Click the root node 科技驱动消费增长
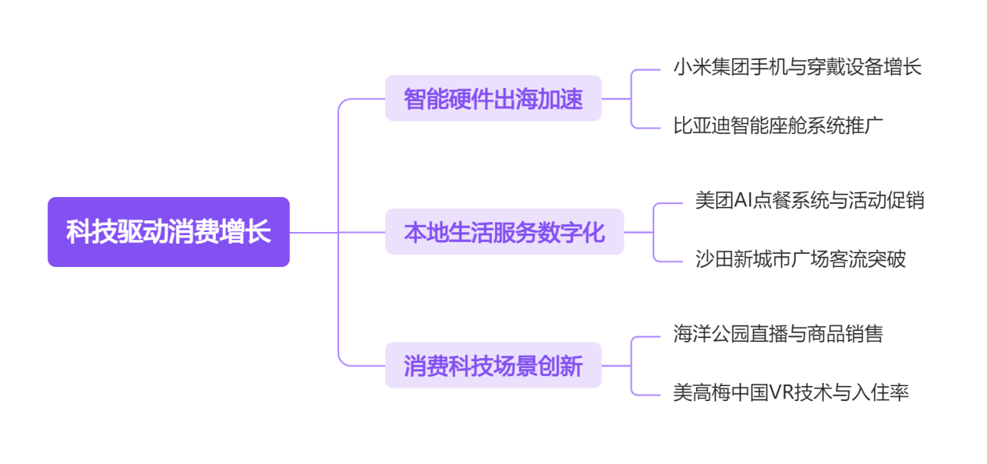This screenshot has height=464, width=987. pyautogui.click(x=168, y=232)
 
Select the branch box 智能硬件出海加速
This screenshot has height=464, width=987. pyautogui.click(x=493, y=99)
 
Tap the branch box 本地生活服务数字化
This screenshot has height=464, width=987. pyautogui.click(x=504, y=232)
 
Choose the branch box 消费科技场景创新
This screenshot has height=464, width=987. pyautogui.click(x=493, y=365)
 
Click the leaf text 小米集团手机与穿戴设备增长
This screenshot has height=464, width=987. pyautogui.click(x=797, y=67)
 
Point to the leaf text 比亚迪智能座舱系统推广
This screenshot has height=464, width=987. pyautogui.click(x=777, y=125)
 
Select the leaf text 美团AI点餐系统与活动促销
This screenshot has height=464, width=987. pyautogui.click(x=809, y=200)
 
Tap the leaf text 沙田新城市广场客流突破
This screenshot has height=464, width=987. pyautogui.click(x=800, y=258)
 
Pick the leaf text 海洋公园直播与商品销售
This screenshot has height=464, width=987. pyautogui.click(x=777, y=334)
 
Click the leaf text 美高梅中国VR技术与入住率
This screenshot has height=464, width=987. pyautogui.click(x=791, y=392)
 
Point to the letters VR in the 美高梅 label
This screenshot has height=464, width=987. pyautogui.click(x=780, y=392)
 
